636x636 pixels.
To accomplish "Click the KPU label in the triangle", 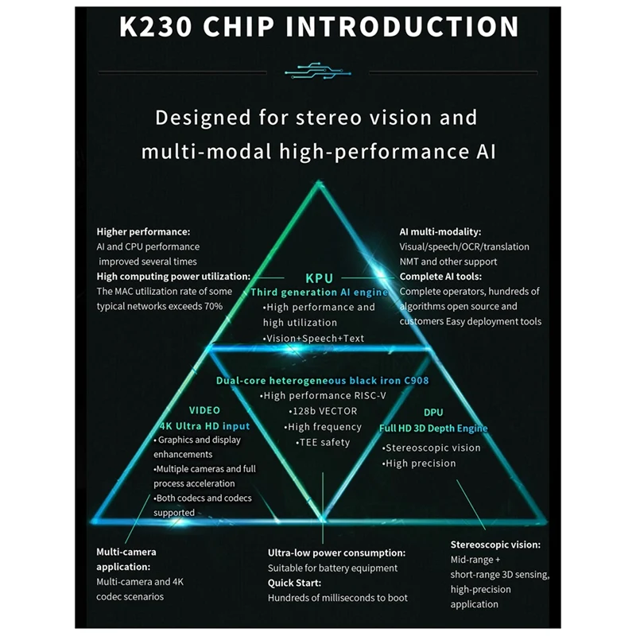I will pos(320,278).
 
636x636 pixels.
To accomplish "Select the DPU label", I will pos(433,413).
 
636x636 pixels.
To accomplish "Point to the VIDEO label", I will pos(204,410).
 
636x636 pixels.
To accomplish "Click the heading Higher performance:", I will pos(144,231).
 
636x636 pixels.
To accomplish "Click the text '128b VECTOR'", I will pos(323,411).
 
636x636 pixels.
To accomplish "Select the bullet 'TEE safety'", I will pos(323,442).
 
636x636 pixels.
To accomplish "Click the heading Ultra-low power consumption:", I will pos(337,553).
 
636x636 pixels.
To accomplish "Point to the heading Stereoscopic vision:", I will pos(496,545).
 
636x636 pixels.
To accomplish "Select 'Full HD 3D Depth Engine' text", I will pos(433,429).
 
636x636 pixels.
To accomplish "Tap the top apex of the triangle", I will pos(320,184).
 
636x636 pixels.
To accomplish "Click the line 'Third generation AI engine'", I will pos(320,293).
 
